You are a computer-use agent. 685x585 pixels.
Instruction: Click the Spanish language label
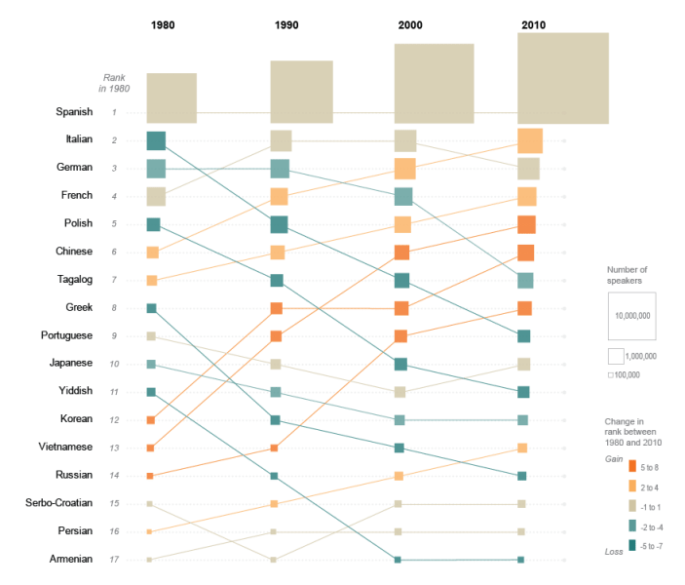pos(74,112)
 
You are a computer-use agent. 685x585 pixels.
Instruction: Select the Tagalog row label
pos(74,280)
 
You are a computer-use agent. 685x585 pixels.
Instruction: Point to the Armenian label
pos(72,559)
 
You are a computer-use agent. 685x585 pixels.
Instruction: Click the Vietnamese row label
pos(66,448)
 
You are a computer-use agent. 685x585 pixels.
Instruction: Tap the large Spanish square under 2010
pos(563,78)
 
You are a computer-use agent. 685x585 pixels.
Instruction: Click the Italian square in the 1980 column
pos(156,140)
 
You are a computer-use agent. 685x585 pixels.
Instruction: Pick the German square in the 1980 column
pos(156,169)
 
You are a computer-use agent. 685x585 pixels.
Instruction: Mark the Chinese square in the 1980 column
pos(152,253)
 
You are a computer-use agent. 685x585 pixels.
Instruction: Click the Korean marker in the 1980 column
pos(151,420)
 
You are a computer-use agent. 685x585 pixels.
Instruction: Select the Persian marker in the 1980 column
pos(150,531)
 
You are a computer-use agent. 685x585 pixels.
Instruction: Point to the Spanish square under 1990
pos(301,93)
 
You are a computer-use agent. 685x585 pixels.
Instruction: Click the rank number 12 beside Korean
pos(114,420)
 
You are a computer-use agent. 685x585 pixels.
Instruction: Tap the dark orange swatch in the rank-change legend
pos(631,466)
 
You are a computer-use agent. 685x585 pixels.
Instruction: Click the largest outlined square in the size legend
pos(630,315)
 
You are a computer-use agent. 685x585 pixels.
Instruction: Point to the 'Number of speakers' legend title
pos(627,274)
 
